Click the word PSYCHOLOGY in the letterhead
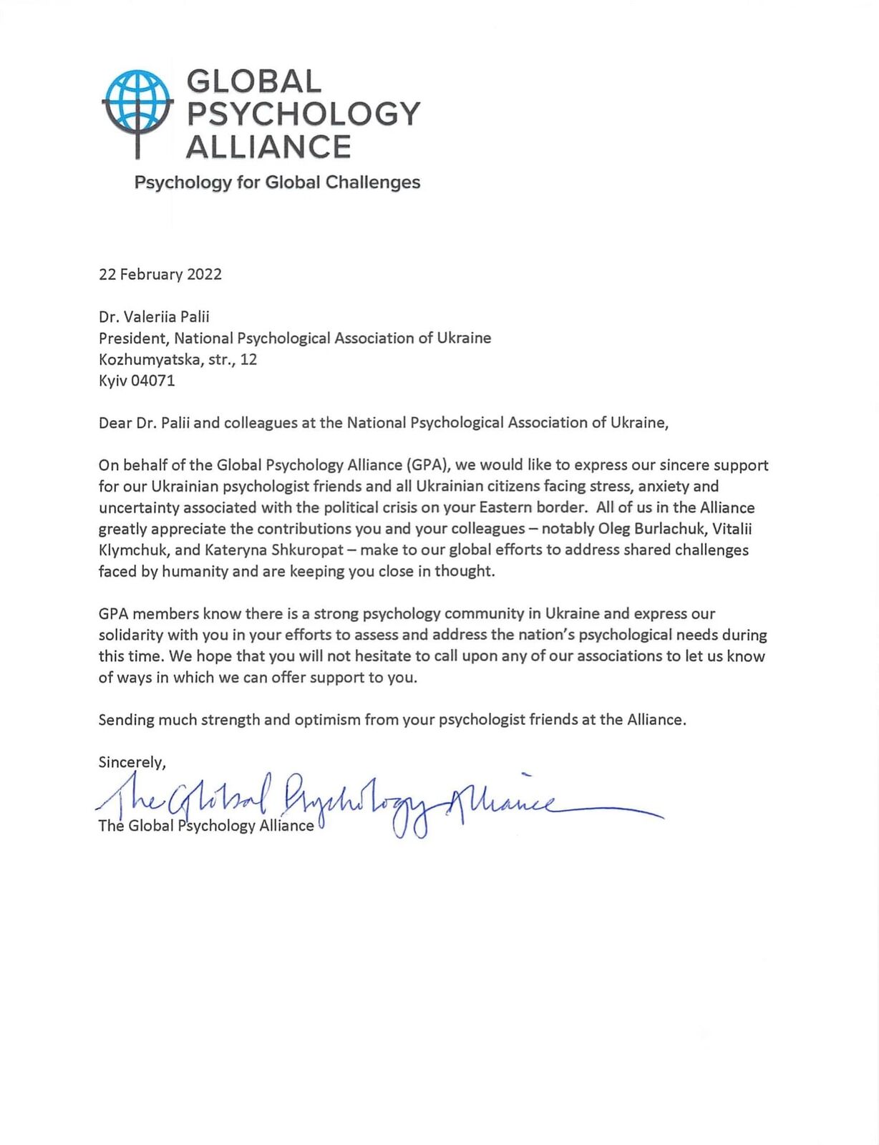coord(303,114)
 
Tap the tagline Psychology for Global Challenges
coord(277,182)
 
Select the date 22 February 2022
coord(160,275)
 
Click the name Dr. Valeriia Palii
coord(154,317)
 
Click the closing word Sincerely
coord(132,762)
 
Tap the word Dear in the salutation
coord(115,423)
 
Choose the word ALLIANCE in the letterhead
coord(268,147)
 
